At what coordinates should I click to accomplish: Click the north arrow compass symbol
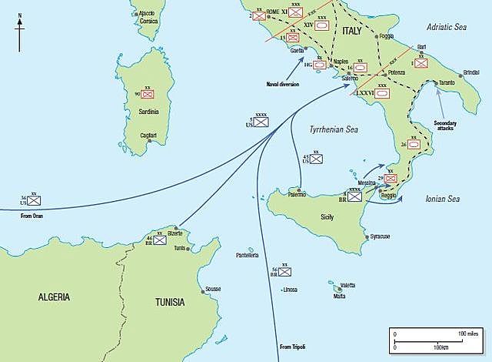(x=20, y=33)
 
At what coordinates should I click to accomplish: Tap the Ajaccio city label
(x=146, y=14)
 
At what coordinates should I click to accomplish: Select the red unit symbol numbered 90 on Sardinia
(x=148, y=94)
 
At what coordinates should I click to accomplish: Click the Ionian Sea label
(x=442, y=199)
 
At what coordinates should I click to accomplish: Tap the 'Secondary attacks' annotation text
(x=445, y=126)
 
